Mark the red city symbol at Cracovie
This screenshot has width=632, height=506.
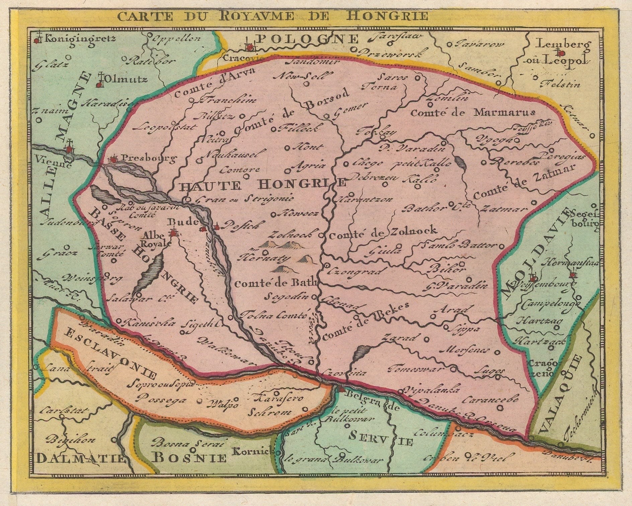249,48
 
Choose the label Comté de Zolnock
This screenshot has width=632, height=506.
383,231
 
